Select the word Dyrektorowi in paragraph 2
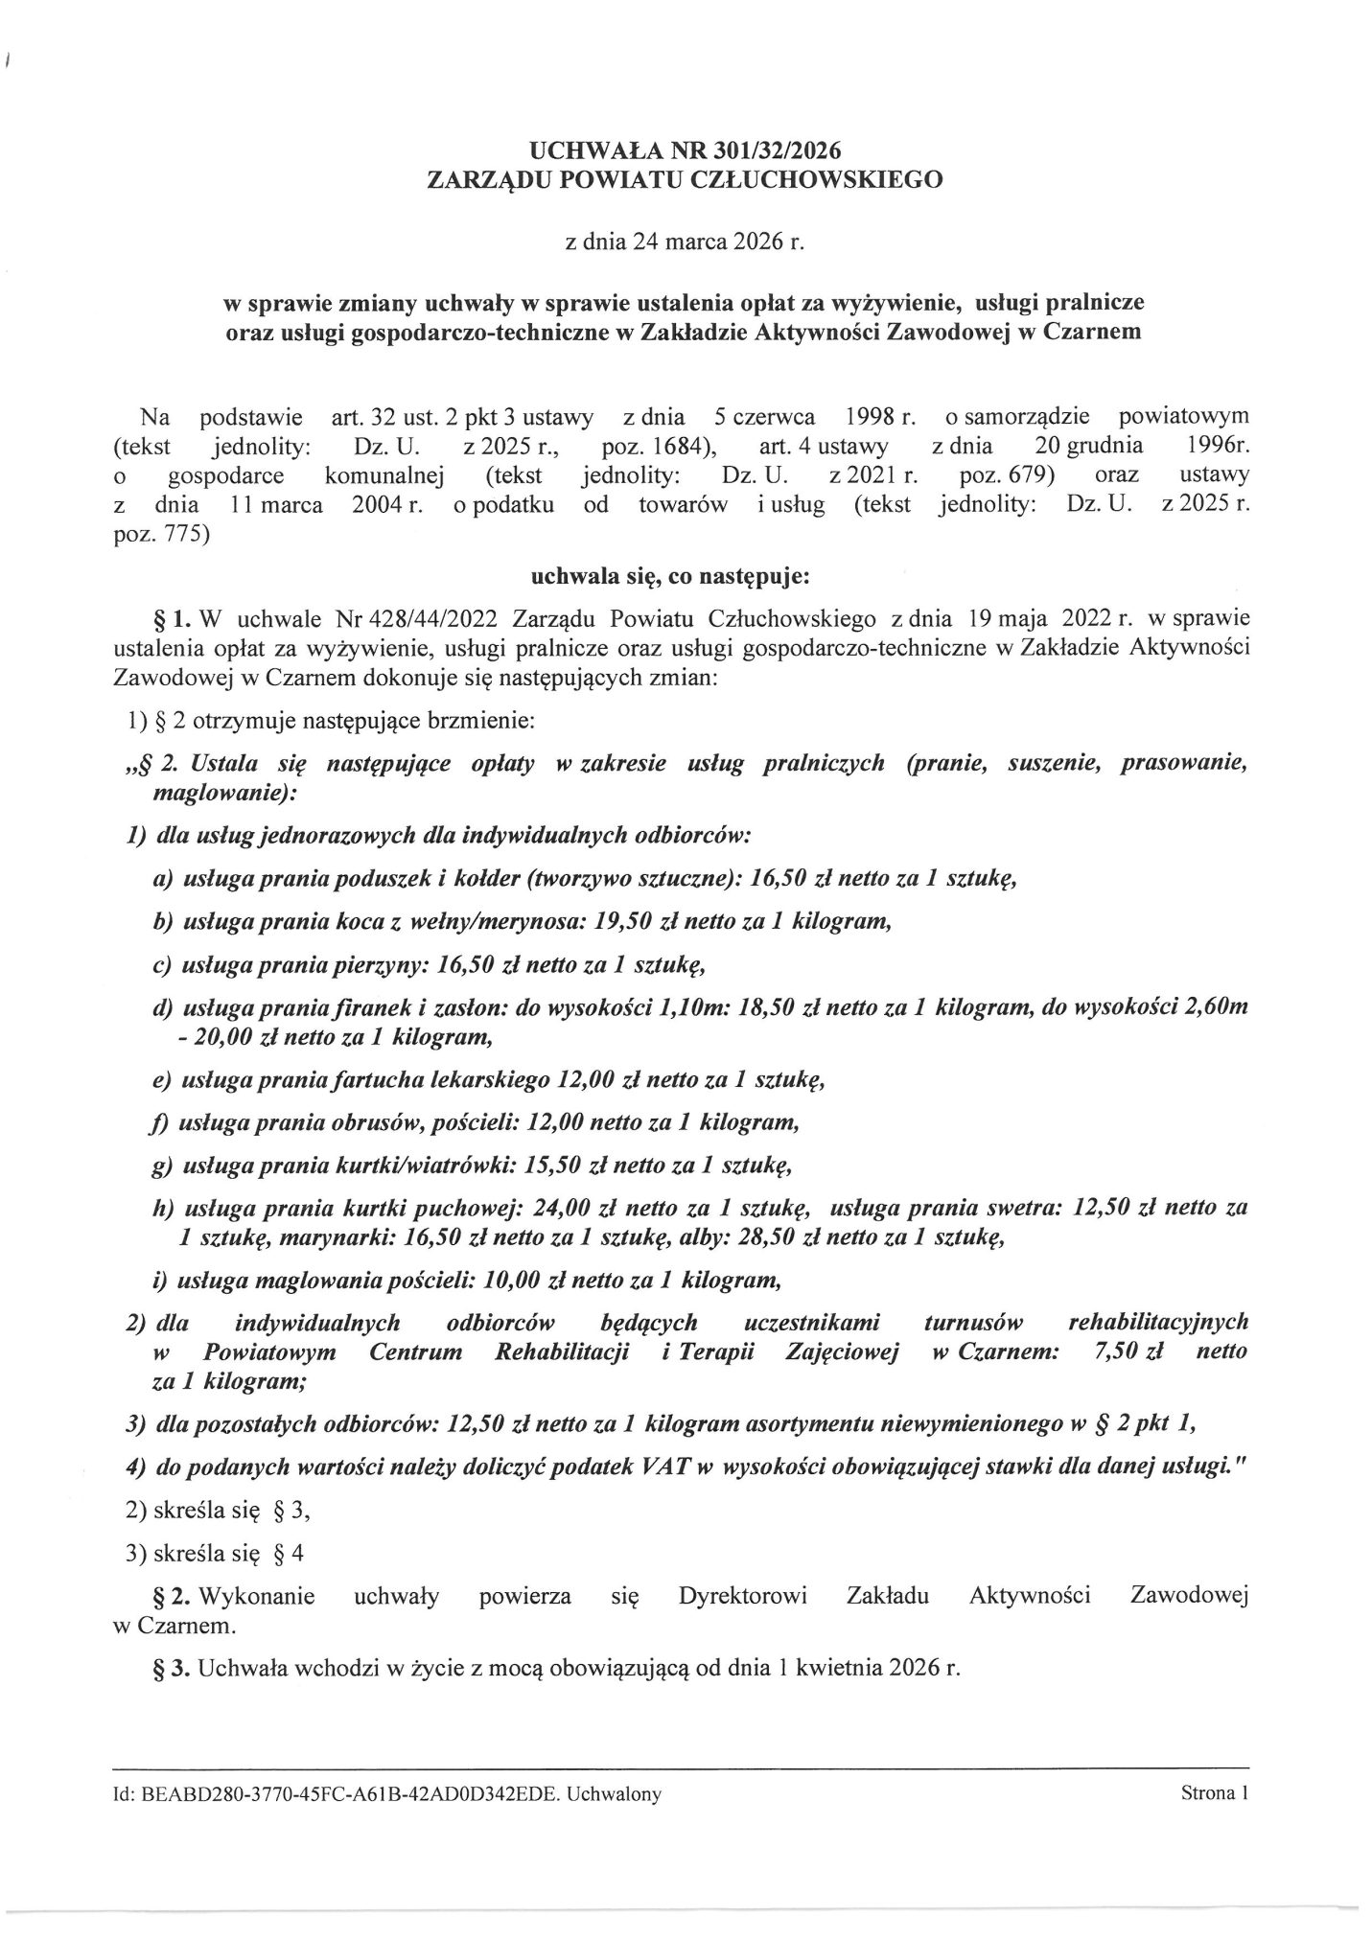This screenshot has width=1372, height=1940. [x=741, y=1596]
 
